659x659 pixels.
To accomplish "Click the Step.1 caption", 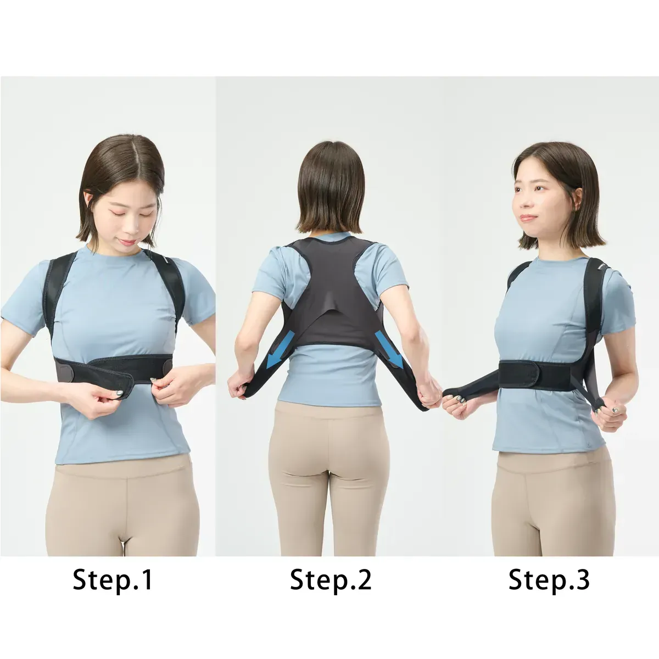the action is (113, 579).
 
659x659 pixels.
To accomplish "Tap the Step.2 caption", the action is (331, 579).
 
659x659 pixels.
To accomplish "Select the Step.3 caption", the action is (549, 579).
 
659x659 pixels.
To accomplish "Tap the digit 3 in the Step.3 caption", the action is (583, 579).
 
